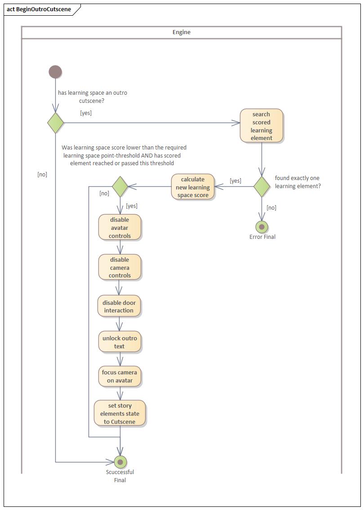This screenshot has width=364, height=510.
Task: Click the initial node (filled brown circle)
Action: coord(55,72)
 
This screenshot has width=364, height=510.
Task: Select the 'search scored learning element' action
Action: coord(262,126)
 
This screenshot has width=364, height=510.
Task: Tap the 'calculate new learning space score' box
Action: coord(192,187)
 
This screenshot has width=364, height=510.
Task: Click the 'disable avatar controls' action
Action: coord(120,228)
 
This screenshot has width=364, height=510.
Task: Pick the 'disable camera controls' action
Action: coord(120,268)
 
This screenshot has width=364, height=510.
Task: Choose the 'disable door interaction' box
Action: coord(119,306)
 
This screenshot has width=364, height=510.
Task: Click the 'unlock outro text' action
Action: coord(120,342)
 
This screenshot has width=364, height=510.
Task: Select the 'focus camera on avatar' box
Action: coord(120,376)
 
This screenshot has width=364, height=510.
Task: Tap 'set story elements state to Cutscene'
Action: coord(120,413)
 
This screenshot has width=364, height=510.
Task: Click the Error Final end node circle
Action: coord(262,227)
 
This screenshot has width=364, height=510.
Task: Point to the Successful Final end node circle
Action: coord(120,462)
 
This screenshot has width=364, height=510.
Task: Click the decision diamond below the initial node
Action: coord(56,123)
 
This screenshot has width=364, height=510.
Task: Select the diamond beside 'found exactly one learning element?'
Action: coord(262,186)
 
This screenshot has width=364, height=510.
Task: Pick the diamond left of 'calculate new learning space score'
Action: coord(120,186)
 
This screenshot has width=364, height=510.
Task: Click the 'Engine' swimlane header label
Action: coord(182,32)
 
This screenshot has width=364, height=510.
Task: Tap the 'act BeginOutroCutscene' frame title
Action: coord(39,9)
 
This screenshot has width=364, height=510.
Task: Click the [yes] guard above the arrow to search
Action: coord(86,113)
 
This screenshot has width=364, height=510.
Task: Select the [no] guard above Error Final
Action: coord(271,207)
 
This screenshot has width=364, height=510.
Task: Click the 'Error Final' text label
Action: coord(262,237)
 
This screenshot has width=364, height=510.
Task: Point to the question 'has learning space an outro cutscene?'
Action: coord(92,97)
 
